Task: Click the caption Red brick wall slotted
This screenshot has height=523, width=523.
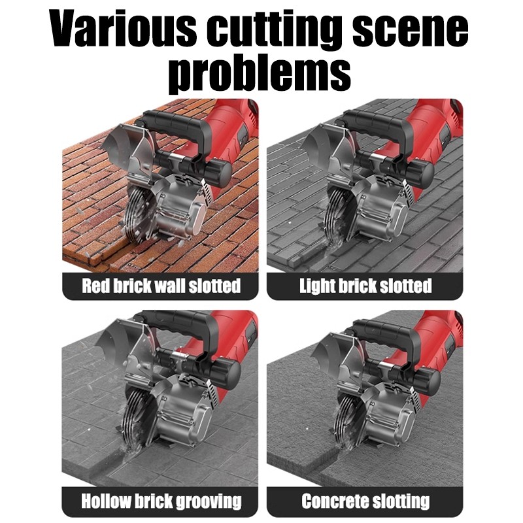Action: (x=161, y=286)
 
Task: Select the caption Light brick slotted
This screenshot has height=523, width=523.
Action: (x=365, y=286)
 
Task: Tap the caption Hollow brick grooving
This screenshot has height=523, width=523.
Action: (x=161, y=501)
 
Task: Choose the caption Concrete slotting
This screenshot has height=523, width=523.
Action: (x=365, y=501)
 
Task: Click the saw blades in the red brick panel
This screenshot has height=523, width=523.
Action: (x=137, y=214)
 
